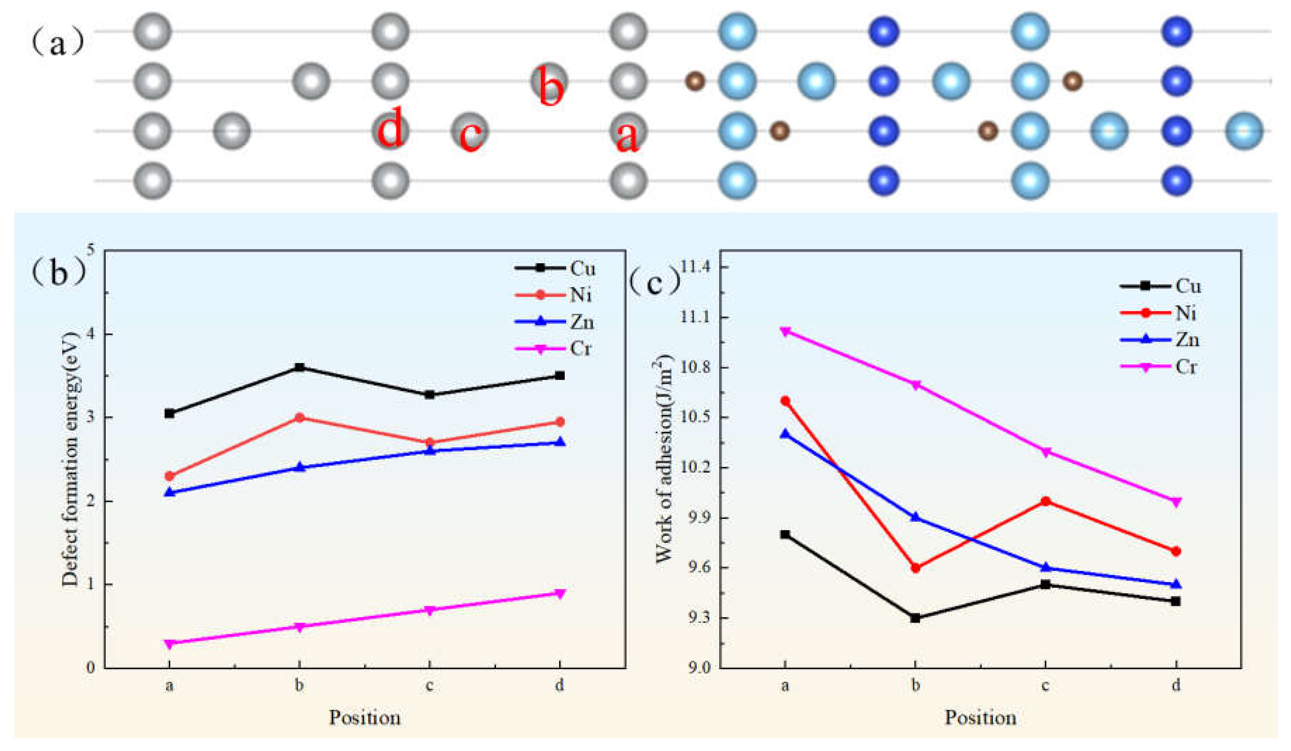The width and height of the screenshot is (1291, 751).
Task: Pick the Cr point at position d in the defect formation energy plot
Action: pyautogui.click(x=560, y=593)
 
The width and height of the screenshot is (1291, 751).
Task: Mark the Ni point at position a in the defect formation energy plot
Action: pyautogui.click(x=170, y=476)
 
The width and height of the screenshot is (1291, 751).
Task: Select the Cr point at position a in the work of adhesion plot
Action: pyautogui.click(x=785, y=331)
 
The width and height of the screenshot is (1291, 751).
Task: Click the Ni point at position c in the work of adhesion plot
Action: pyautogui.click(x=1046, y=501)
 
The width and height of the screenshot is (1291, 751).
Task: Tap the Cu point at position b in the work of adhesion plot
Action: pyautogui.click(x=915, y=618)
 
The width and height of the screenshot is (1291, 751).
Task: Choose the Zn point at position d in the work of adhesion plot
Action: pyautogui.click(x=1176, y=584)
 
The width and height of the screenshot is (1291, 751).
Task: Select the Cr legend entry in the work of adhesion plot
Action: pyautogui.click(x=1159, y=367)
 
